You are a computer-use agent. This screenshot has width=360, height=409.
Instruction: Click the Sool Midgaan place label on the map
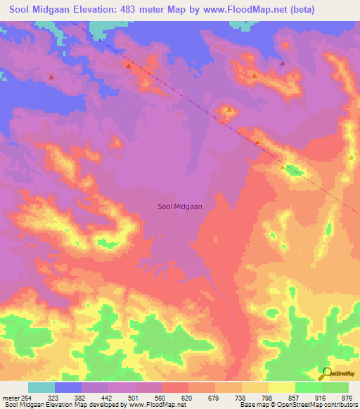tap(179, 207)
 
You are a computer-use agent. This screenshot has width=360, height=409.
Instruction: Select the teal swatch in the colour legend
tap(41, 387)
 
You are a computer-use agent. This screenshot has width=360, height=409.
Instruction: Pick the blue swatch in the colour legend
tap(68, 387)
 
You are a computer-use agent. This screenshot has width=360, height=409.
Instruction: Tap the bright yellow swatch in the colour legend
tap(281, 387)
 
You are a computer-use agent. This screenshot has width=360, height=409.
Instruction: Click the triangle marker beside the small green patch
tap(283, 168)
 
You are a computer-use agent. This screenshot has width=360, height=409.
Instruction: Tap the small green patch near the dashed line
tap(295, 170)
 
